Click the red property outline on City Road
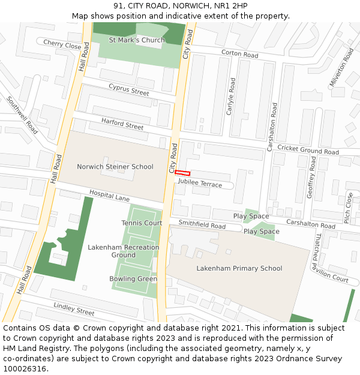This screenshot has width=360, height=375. pos(182,173)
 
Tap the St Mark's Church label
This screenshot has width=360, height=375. pos(137,40)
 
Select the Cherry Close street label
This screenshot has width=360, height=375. pos(62,45)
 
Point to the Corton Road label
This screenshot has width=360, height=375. pos(239,54)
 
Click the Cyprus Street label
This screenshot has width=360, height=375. pos(128,89)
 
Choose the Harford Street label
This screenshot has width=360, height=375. pos(122,124)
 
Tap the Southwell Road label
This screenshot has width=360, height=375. pos(23,115)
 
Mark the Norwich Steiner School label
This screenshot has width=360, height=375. pos(115,166)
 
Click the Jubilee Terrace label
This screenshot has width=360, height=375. pos(200,184)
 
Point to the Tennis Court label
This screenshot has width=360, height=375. pos(142,223)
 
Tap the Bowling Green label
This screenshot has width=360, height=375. pos(133,278)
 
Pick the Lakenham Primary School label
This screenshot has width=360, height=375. pos(239,268)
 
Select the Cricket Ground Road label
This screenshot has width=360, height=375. pos(308,150)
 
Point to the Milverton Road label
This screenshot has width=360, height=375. pos(342,68)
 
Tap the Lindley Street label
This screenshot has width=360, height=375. pos(74,310)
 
